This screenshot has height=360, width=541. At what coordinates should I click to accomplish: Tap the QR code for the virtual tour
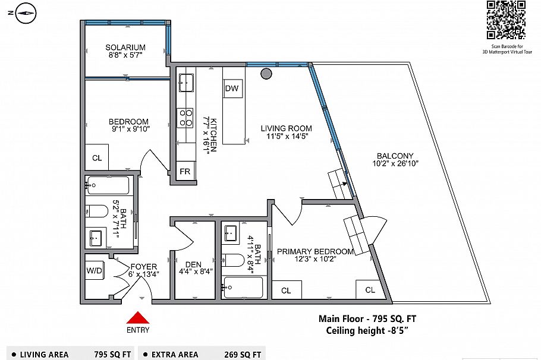[506, 20]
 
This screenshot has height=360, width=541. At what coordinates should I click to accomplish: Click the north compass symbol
[25, 11]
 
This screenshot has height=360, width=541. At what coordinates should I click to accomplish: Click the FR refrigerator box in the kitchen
[186, 172]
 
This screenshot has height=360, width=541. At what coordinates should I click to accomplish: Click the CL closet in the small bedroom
[96, 158]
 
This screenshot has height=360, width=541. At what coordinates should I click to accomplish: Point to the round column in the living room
[266, 74]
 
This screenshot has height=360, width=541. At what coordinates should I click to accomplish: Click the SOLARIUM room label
[125, 48]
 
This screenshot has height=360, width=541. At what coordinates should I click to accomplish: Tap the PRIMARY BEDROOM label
[316, 251]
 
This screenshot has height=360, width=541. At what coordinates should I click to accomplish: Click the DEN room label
[193, 265]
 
